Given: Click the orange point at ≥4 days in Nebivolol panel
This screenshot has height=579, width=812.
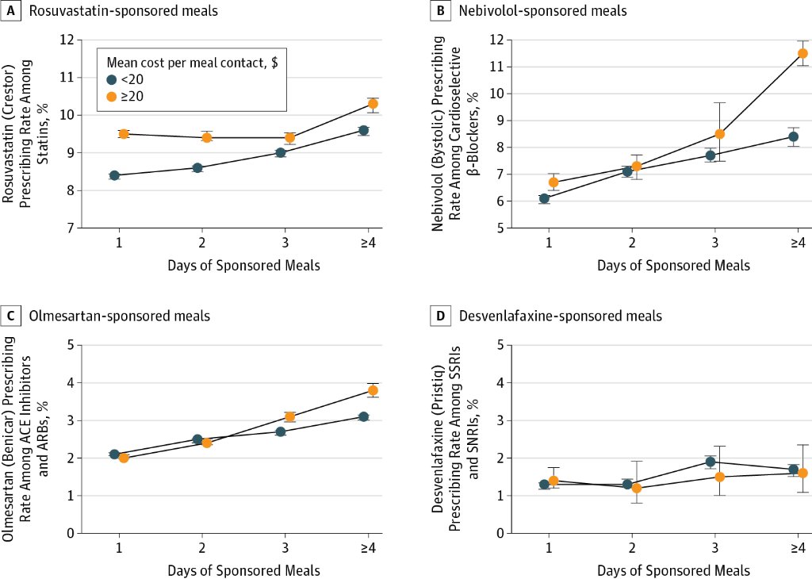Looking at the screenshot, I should point(802,53).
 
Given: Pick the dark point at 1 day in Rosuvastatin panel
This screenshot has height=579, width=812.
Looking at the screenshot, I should point(114,175).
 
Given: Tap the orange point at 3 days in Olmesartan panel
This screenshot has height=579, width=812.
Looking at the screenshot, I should point(289,416).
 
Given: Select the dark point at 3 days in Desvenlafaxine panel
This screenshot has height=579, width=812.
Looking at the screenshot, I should point(710,462).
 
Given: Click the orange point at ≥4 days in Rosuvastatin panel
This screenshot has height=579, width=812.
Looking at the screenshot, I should point(373,104).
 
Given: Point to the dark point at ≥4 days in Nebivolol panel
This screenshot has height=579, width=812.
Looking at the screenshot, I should point(793,136).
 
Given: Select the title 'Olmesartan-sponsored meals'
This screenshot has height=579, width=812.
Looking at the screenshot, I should point(120,316).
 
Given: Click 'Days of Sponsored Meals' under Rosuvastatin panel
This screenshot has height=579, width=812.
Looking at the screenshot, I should point(243,266).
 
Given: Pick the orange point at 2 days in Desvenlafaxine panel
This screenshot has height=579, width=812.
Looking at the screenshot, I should point(637,488).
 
